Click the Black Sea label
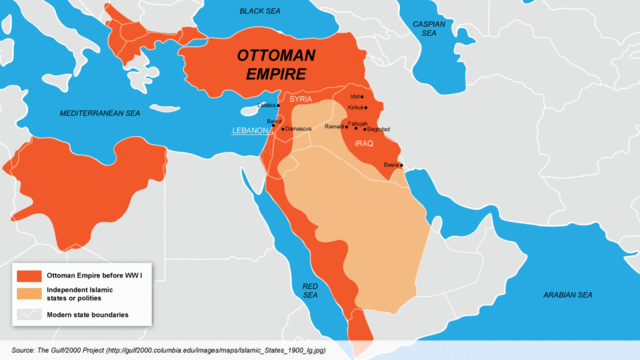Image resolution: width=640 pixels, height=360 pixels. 262,11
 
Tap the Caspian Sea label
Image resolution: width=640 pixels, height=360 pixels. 429,28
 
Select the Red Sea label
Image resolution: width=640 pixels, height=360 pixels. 310,291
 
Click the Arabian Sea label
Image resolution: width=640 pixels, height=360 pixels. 566,295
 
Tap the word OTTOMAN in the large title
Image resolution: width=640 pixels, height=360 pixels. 278,58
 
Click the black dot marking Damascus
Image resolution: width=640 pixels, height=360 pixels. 283,129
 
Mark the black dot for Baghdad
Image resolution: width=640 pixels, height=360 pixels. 365,129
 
